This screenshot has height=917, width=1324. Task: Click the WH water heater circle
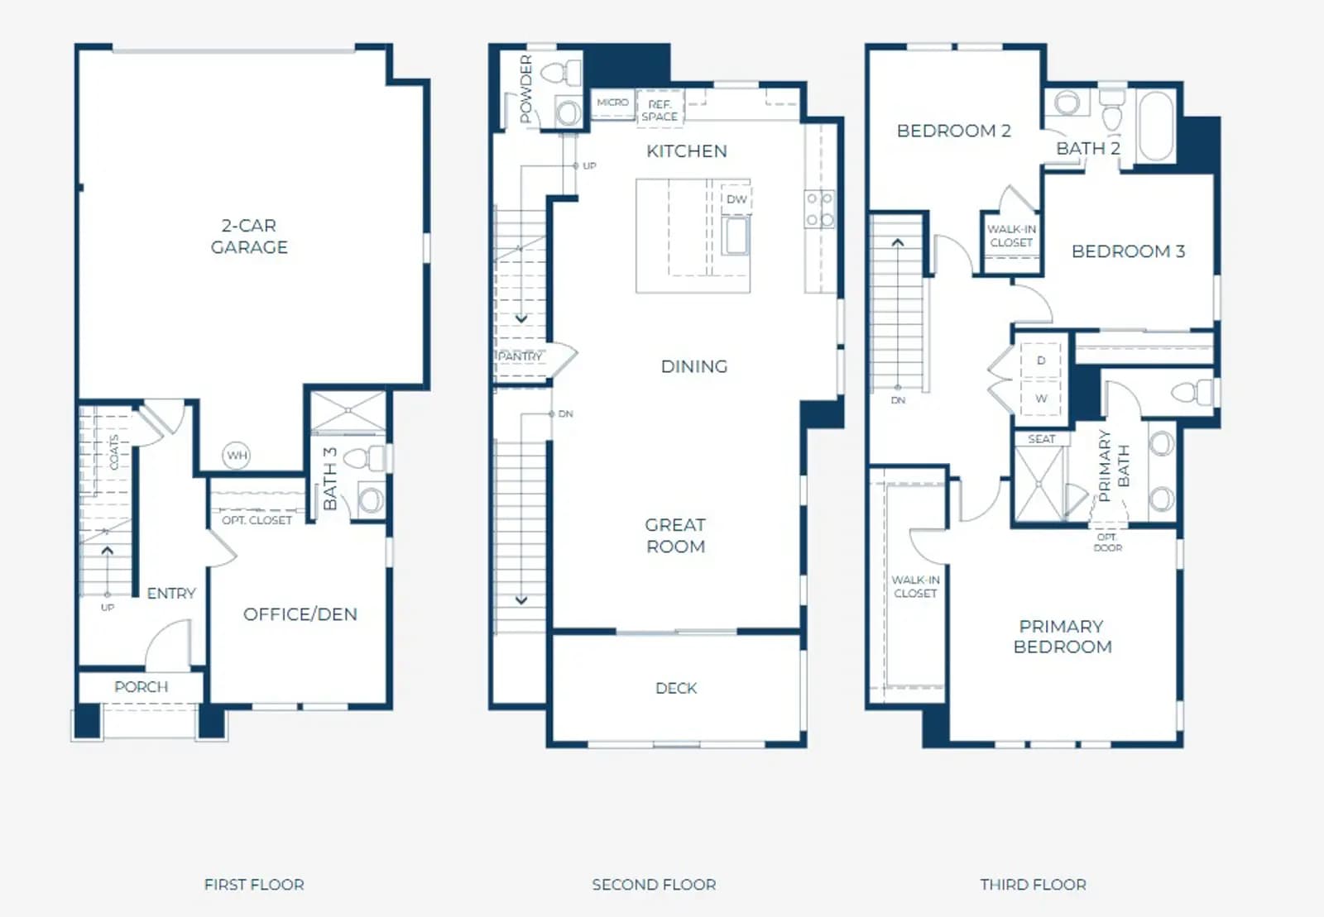(237, 456)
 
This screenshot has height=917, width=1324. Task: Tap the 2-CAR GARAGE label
(249, 236)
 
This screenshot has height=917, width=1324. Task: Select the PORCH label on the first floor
(142, 687)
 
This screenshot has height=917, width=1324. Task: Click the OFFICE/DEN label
(300, 614)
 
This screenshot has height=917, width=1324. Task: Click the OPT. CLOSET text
(257, 520)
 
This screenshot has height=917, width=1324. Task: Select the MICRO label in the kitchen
(613, 103)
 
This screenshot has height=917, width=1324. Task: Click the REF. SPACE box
(660, 109)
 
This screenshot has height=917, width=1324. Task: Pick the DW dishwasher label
(736, 199)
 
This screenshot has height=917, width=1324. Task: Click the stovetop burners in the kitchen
(820, 208)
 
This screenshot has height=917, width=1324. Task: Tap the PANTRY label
(520, 356)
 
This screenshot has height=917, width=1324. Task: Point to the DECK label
(676, 688)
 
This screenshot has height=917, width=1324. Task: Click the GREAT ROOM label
(675, 536)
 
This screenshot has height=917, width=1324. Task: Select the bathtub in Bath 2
(1156, 125)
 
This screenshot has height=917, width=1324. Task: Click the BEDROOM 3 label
(1129, 251)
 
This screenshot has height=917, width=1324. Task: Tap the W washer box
(1042, 399)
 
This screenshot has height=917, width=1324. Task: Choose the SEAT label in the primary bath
(1042, 439)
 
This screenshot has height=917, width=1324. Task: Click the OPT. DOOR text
(1107, 542)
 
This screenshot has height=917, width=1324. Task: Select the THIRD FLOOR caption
(1034, 885)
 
